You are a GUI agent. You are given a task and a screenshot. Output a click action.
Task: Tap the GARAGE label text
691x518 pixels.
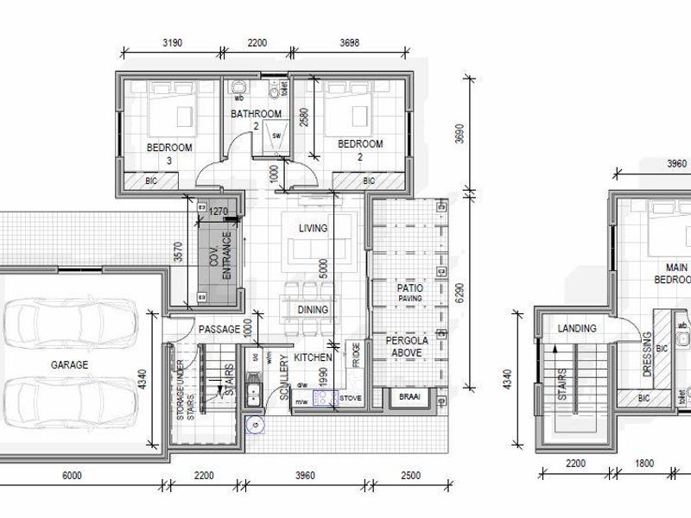(x=69, y=365)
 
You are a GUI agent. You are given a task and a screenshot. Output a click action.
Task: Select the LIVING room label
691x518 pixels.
(x=313, y=229)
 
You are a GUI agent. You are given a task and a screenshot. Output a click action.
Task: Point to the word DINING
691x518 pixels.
(x=313, y=310)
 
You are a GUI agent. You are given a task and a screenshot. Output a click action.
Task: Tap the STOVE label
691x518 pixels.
(x=350, y=398)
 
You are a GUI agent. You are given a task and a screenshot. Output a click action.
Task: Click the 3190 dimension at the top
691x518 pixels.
(x=172, y=42)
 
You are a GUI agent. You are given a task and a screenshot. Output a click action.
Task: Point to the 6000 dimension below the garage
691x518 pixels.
(x=71, y=476)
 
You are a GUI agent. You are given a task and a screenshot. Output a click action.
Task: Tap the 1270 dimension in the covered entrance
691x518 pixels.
(x=219, y=210)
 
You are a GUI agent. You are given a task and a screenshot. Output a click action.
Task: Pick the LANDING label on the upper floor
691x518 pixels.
(x=576, y=329)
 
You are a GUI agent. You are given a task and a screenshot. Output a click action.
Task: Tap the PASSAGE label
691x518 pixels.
(x=219, y=330)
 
